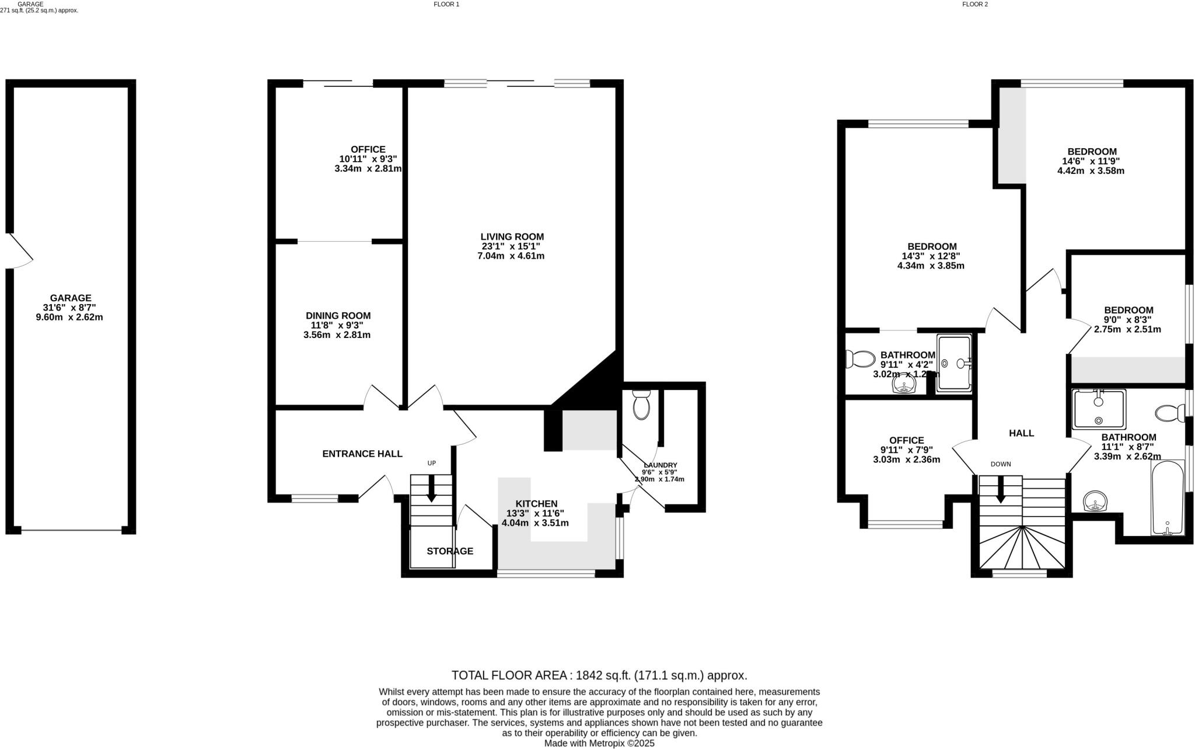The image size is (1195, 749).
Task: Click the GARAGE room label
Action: pyautogui.click(x=70, y=298)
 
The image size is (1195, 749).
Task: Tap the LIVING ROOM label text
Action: pyautogui.click(x=512, y=236)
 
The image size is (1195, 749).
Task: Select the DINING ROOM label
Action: pyautogui.click(x=338, y=315)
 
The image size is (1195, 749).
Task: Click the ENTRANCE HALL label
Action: pyautogui.click(x=362, y=454)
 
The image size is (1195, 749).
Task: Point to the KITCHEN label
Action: pyautogui.click(x=536, y=503)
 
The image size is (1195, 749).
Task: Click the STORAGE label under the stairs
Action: pyautogui.click(x=449, y=551)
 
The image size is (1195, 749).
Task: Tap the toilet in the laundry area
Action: pyautogui.click(x=641, y=405)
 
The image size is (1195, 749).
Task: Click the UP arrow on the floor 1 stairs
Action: pyautogui.click(x=431, y=488)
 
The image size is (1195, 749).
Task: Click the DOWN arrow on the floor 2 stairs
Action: pyautogui.click(x=1000, y=489)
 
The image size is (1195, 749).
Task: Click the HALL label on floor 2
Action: pyautogui.click(x=1021, y=433)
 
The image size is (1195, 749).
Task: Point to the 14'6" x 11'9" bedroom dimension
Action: pyautogui.click(x=1091, y=161)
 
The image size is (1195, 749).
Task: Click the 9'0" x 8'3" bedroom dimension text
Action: pyautogui.click(x=1128, y=320)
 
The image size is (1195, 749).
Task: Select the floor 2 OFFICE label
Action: pyautogui.click(x=906, y=440)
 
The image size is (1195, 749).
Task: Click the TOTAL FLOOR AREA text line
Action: pyautogui.click(x=599, y=675)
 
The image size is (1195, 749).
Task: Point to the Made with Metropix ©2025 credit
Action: pyautogui.click(x=599, y=743)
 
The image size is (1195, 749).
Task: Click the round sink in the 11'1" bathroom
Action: pyautogui.click(x=1095, y=501)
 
